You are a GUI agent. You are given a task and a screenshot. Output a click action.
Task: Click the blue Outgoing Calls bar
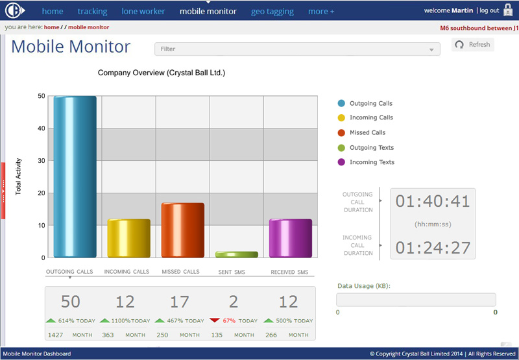tap(75, 176)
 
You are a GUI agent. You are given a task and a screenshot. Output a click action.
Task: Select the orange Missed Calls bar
tap(183, 230)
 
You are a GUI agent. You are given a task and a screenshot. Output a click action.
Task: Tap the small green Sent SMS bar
tap(237, 254)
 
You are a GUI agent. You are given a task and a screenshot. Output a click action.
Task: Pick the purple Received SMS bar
tap(291, 238)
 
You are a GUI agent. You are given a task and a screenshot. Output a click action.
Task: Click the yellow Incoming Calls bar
tap(128, 238)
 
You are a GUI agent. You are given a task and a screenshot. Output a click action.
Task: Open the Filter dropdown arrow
tap(431, 50)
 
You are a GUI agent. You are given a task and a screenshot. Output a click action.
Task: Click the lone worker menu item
tap(143, 11)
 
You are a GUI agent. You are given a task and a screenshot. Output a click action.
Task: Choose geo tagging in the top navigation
tap(272, 12)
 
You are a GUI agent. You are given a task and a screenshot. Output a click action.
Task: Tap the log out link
tap(489, 10)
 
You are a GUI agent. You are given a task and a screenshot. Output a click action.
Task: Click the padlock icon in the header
tap(508, 10)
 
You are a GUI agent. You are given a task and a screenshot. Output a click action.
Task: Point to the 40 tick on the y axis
tap(42, 128)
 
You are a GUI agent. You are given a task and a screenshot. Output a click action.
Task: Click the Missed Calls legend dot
tap(341, 133)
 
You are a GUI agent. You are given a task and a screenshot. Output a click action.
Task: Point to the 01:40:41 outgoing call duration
tap(433, 201)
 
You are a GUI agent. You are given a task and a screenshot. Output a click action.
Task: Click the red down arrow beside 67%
tap(215, 320)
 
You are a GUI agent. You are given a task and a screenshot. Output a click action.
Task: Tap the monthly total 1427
tap(55, 335)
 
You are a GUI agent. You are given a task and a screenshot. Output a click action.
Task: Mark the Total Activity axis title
tap(18, 176)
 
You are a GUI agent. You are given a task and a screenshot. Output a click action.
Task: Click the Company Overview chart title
tap(162, 73)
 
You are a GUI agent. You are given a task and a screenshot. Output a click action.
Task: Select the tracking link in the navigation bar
tap(92, 12)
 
